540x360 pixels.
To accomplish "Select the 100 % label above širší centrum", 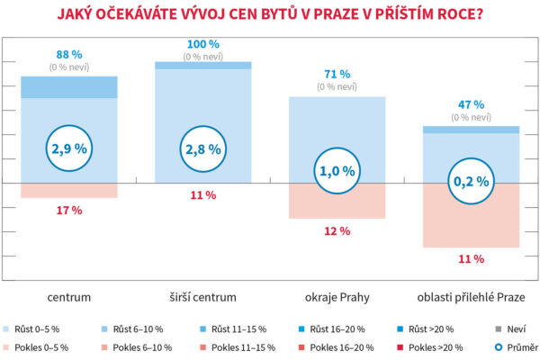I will click(203, 43).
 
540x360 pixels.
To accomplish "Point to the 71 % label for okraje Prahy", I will click(337, 74).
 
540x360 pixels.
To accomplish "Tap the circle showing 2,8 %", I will click(203, 148).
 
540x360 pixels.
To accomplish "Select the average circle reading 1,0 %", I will click(337, 170).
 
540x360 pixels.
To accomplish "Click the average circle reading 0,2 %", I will click(472, 181).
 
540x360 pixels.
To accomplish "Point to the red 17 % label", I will click(69, 210).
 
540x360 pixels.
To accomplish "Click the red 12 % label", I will click(337, 231).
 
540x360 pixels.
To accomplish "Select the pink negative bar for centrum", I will click(69, 190).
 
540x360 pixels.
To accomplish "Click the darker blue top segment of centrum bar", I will click(69, 86).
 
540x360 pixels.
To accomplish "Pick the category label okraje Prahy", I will click(337, 295).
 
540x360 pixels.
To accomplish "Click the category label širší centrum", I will click(203, 295).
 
